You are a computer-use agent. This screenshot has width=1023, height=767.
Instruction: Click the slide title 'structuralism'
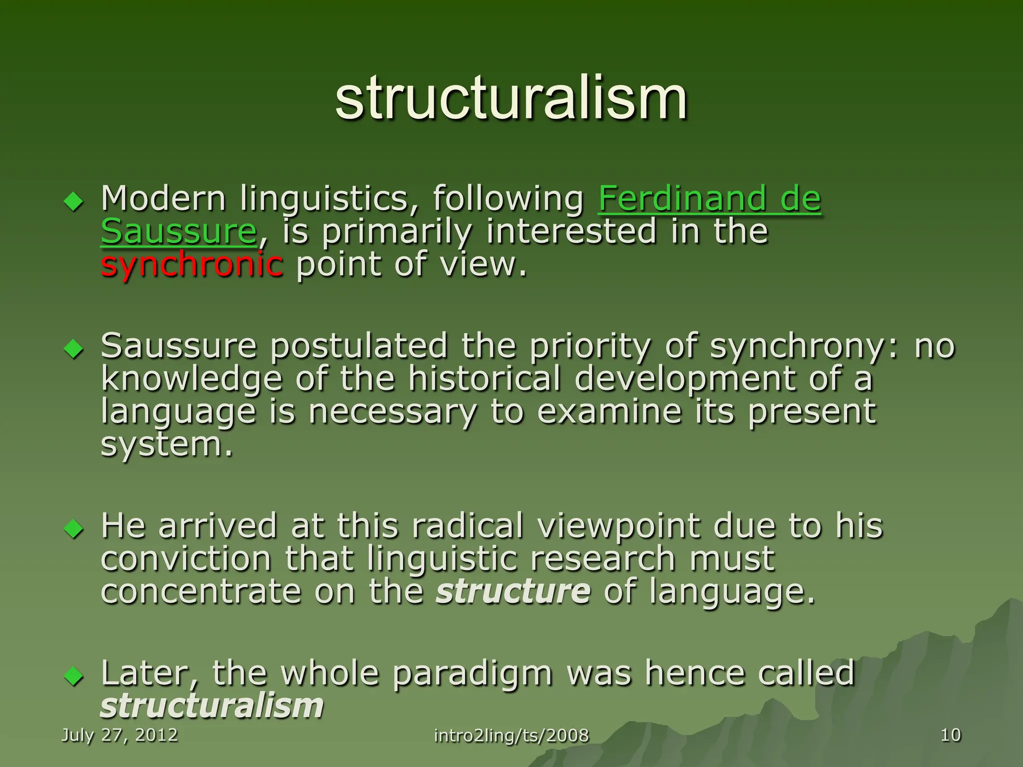(511, 98)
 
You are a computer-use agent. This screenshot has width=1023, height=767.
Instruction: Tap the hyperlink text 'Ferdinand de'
(709, 198)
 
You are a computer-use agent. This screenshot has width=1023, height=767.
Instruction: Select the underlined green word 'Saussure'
(179, 231)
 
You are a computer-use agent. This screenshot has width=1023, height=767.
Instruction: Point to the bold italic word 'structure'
(513, 591)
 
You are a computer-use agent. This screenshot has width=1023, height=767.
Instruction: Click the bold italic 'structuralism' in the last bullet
(212, 706)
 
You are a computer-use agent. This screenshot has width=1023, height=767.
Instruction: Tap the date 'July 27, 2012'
(119, 735)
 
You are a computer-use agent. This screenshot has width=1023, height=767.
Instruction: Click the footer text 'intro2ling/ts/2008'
(511, 736)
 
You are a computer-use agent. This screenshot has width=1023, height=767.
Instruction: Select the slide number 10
(951, 735)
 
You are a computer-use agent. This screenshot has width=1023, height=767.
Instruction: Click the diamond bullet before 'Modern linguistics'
(74, 202)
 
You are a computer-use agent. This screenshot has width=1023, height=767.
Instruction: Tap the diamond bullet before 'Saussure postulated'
(74, 349)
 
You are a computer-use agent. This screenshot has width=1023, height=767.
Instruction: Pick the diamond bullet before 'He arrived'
(74, 529)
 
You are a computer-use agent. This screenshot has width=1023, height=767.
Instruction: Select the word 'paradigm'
(472, 673)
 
